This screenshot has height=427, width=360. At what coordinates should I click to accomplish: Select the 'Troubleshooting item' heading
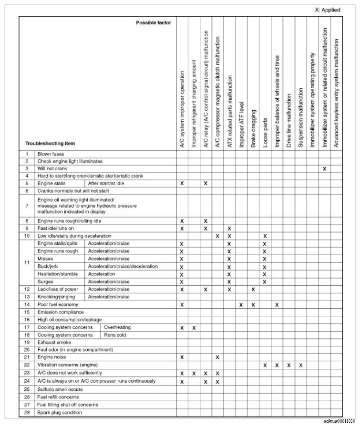[x=50, y=143]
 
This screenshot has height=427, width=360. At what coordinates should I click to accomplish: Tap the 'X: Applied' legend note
[x=328, y=10]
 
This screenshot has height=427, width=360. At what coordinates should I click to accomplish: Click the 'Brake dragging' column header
[x=253, y=128]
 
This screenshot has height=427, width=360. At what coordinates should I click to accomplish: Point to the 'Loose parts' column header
[x=265, y=131]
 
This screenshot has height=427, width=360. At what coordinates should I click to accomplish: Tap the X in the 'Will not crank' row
[x=324, y=169]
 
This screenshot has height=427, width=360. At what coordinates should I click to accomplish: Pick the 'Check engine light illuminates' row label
[x=70, y=161]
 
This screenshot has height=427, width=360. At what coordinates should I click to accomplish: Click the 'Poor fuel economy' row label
[x=58, y=304]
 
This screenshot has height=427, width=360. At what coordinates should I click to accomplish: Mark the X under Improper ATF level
[x=241, y=304]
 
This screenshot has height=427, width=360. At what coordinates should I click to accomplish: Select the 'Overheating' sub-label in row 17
[x=117, y=328]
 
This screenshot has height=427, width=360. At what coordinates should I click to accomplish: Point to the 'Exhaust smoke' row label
[x=54, y=342]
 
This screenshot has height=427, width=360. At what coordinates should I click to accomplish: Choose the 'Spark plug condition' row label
[x=60, y=412]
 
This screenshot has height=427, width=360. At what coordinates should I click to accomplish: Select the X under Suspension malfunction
[x=300, y=365]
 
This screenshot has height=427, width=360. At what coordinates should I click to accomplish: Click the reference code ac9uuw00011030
[x=339, y=422]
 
